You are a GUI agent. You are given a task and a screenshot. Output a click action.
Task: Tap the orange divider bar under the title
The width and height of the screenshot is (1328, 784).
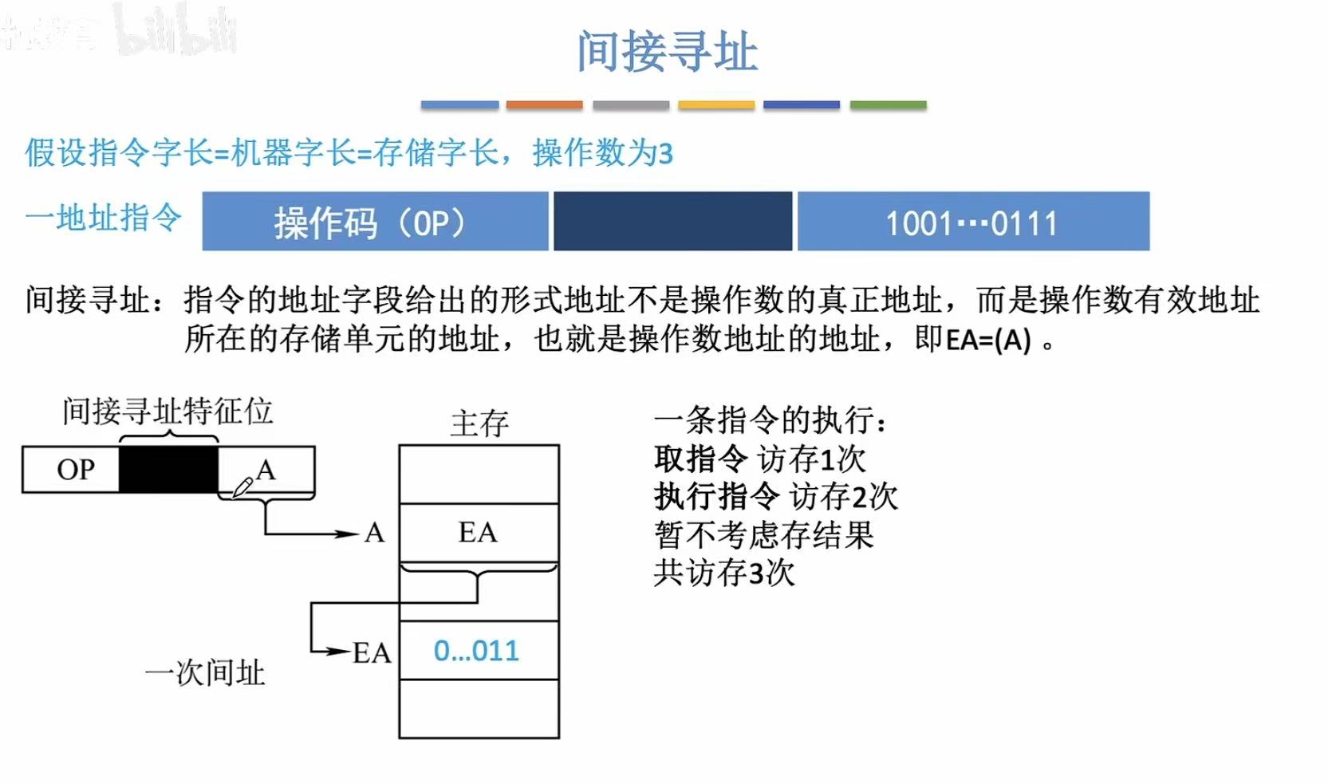coord(544,105)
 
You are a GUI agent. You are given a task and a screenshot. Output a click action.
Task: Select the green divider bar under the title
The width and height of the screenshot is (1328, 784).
coord(888,105)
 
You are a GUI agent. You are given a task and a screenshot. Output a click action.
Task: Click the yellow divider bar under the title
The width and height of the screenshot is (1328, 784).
coord(715,105)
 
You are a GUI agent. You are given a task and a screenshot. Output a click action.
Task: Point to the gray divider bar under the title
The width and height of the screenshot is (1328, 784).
coord(630,105)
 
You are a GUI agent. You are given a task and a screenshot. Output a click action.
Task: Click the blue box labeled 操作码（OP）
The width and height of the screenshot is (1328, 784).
coord(375,222)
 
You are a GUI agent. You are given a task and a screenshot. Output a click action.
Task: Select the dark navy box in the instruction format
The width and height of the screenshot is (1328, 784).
coord(672,222)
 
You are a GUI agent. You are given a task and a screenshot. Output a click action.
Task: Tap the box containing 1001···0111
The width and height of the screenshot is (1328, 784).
coord(973,222)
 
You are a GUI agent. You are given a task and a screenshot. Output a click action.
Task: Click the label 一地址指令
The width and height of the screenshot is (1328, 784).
coord(104,218)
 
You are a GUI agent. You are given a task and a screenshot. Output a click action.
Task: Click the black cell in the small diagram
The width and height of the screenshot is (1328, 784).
coord(168,470)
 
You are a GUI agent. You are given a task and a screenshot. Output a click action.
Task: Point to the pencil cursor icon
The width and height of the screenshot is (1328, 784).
coord(242,487)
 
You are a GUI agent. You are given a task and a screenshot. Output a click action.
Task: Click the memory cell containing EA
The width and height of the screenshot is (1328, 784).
coord(479,533)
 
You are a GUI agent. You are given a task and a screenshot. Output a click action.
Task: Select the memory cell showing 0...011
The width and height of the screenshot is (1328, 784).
coord(479,651)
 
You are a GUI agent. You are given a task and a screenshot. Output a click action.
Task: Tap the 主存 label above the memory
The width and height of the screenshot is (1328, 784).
coord(479,423)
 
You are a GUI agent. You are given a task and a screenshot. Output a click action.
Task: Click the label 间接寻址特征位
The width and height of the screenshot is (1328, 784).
coord(167,412)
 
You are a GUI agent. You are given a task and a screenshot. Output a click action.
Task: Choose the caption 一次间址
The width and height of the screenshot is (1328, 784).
coord(205,673)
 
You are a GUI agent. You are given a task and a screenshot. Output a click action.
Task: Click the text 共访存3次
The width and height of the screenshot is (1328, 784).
coord(723,573)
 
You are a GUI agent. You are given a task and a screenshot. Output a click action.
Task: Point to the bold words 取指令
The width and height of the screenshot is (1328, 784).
coord(699,459)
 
